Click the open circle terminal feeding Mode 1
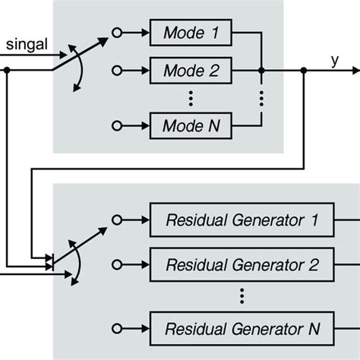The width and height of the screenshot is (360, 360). [117, 33]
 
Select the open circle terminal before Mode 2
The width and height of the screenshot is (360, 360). [117, 71]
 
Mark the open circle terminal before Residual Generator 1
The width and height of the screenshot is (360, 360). [117, 220]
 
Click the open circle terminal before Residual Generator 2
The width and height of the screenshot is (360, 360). [117, 265]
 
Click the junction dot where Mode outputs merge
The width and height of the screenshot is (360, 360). [261, 71]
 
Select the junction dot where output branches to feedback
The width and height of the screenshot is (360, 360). [304, 71]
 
